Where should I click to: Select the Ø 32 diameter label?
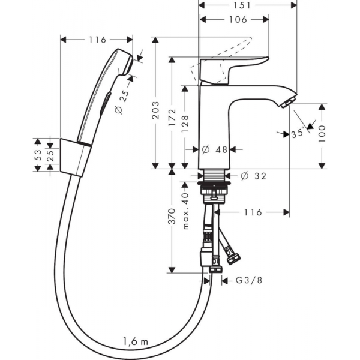pyautogui.click(x=253, y=176)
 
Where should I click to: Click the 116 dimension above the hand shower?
pyautogui.click(x=97, y=40)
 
